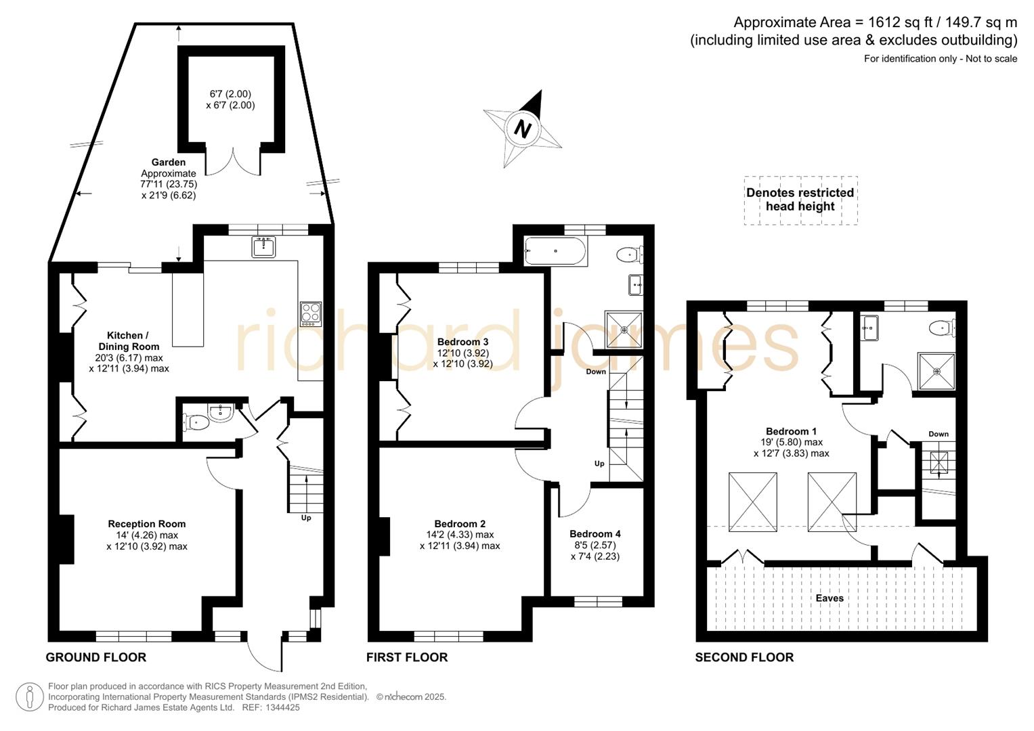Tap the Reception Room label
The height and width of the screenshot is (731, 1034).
click(146, 524)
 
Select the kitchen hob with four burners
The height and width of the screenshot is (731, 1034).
click(311, 314)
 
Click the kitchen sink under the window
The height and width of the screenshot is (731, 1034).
click(263, 247)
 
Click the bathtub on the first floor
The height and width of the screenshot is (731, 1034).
click(555, 251)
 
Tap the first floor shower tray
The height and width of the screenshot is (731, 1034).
click(624, 330)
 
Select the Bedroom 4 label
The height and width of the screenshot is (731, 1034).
click(595, 534)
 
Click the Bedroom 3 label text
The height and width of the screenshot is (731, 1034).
click(462, 342)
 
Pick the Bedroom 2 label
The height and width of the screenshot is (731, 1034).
click(460, 524)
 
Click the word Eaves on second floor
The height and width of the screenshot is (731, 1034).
click(830, 598)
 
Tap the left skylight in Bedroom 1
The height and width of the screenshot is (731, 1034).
click(752, 502)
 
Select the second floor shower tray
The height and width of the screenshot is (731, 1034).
click(936, 372)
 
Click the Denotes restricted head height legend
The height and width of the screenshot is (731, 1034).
click(800, 200)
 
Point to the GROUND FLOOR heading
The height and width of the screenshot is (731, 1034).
click(96, 657)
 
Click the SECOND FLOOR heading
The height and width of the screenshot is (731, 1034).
click(744, 657)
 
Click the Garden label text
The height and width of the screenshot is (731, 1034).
click(169, 162)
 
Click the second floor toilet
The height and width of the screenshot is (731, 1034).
click(942, 328)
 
